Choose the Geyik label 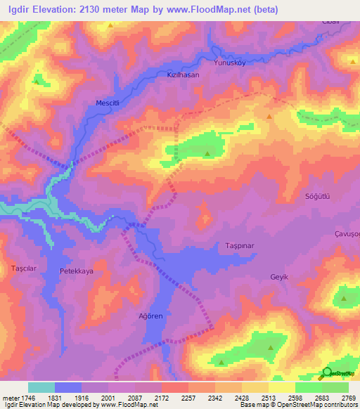pyautogui.click(x=280, y=277)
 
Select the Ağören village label pyautogui.click(x=150, y=316)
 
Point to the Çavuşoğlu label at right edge pyautogui.click(x=347, y=234)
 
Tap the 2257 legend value pyautogui.click(x=188, y=398)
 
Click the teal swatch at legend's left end pyautogui.click(x=41, y=387)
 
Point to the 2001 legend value pyautogui.click(x=108, y=398)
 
